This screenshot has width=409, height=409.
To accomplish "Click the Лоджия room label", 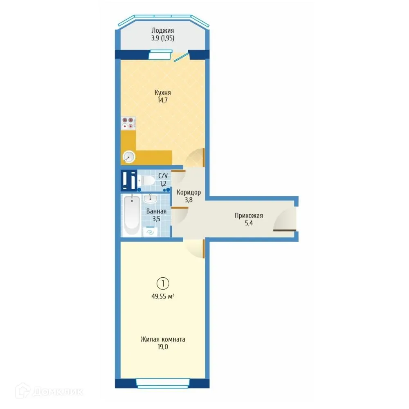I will click(x=163, y=31).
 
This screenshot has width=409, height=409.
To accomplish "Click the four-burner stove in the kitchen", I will click(x=128, y=122).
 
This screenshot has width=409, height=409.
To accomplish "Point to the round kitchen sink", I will click(x=128, y=157).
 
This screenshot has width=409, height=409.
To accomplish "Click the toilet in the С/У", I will click(x=146, y=180).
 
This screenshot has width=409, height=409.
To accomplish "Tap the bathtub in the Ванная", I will click(x=132, y=216).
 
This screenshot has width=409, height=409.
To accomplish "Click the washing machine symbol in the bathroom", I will click(x=150, y=231).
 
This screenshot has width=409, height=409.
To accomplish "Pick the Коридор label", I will click(x=188, y=192).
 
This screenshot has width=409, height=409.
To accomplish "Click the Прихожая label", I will click(x=249, y=216).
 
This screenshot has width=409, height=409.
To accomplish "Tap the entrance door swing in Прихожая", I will click(x=285, y=221).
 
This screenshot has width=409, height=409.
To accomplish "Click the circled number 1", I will click(x=163, y=283).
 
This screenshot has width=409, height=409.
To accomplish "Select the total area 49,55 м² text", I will click(x=163, y=297).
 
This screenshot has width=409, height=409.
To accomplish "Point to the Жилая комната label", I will click(x=163, y=339).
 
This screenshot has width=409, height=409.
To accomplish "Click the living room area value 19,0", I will click(x=163, y=347).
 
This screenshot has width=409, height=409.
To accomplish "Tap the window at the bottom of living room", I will click(x=162, y=383).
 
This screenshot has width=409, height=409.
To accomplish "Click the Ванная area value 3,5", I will click(x=156, y=218).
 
